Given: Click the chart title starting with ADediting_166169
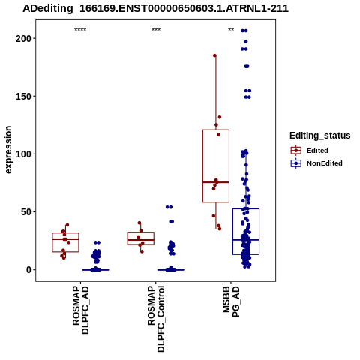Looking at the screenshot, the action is [155, 9].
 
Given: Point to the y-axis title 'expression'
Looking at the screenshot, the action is [8, 150].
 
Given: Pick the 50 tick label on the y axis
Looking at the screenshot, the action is [25, 211].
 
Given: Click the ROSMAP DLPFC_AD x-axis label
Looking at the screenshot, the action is [80, 310].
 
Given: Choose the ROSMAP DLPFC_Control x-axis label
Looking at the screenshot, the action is [156, 319].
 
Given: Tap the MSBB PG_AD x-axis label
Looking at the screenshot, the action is [231, 301].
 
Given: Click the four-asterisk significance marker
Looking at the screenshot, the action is [80, 30].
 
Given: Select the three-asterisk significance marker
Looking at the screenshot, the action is [156, 30].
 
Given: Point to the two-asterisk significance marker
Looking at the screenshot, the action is [231, 30].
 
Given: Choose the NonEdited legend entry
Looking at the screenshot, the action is [316, 163].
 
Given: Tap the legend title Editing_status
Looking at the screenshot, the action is [320, 136].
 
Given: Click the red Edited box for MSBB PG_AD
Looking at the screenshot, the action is [216, 130].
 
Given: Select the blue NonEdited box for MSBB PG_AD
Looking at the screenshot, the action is [246, 209].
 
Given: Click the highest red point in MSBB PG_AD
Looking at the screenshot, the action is [214, 55].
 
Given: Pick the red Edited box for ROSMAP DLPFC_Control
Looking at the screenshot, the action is [141, 232].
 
